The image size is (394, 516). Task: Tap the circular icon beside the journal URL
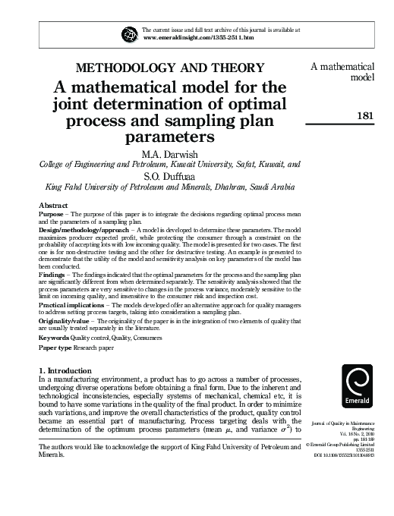point(127,34)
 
